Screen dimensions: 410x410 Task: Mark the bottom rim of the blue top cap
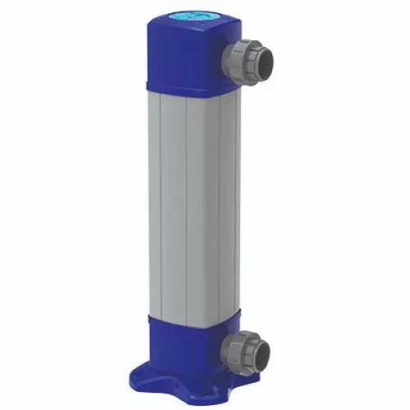click(x=189, y=87)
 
